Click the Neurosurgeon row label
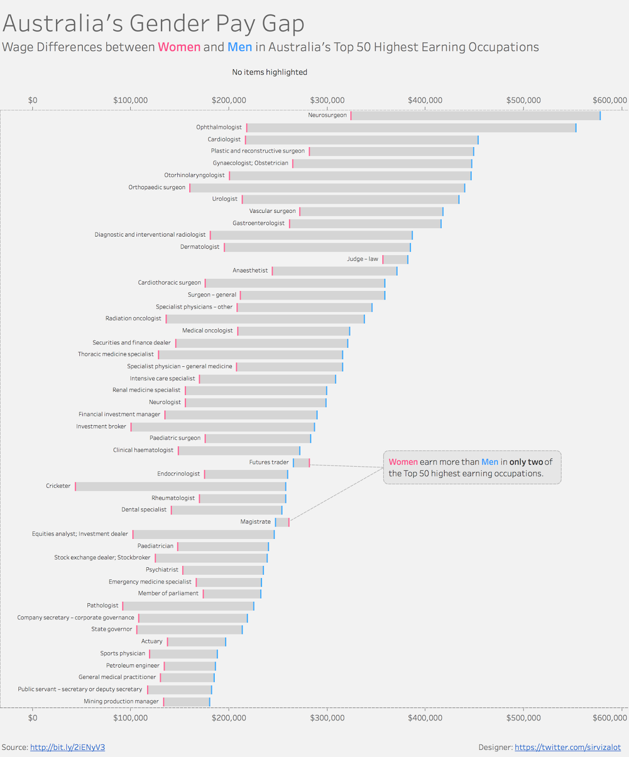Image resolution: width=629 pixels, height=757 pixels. [327, 115]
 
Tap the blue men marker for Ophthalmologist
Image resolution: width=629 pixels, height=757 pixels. [576, 128]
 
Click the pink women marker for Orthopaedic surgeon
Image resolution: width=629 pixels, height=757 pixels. [190, 188]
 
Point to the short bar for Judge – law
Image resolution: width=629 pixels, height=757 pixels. [395, 259]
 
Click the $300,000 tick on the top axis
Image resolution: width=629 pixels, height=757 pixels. [327, 100]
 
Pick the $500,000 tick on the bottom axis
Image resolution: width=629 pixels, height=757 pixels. [524, 718]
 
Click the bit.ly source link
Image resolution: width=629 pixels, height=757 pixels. [68, 747]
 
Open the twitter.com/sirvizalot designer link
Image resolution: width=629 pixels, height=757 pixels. [568, 747]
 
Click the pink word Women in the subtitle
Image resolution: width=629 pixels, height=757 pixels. [179, 47]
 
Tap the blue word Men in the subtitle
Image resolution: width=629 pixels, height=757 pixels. [240, 47]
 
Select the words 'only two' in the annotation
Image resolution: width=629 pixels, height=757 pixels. [526, 462]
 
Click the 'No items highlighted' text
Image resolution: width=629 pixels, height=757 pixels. [270, 72]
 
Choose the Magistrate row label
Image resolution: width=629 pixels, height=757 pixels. [255, 521]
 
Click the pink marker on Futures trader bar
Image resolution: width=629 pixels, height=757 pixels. [309, 463]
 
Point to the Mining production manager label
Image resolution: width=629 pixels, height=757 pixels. [121, 701]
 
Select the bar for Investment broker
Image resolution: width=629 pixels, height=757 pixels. [222, 427]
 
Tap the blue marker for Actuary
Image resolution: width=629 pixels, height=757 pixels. [226, 642]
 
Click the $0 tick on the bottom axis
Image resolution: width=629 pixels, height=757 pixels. [33, 718]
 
